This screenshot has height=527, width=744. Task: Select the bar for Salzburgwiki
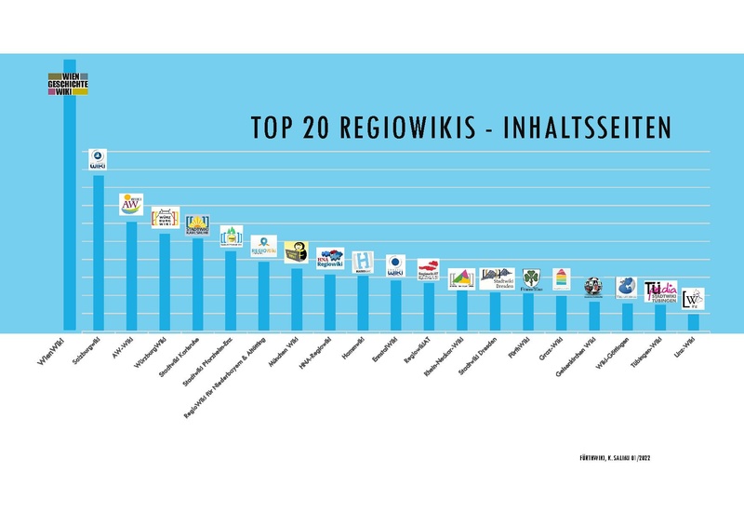[98, 251]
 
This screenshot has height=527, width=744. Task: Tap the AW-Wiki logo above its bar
[131, 205]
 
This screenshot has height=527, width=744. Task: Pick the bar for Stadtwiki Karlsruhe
[197, 284]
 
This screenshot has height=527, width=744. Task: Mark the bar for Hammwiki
[363, 303]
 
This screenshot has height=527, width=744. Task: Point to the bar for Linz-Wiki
[693, 322]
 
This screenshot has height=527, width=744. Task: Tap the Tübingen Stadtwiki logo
[660, 291]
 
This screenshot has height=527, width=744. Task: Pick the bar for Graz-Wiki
[561, 313]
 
